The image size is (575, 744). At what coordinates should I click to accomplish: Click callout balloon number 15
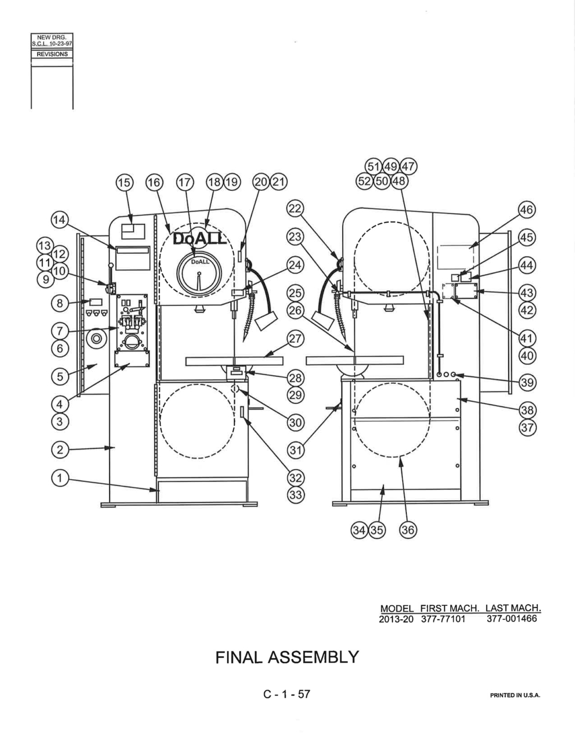pyautogui.click(x=124, y=182)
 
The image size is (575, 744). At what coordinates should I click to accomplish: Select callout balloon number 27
pyautogui.click(x=295, y=339)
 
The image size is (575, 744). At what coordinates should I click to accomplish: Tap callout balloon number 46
pyautogui.click(x=527, y=209)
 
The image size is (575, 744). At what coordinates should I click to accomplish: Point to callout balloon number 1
pyautogui.click(x=60, y=478)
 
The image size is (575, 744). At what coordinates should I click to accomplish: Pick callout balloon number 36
pyautogui.click(x=408, y=530)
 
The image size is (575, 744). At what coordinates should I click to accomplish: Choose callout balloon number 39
pyautogui.click(x=528, y=382)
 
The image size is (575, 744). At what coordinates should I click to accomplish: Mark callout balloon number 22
pyautogui.click(x=295, y=209)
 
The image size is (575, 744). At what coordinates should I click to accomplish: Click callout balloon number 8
pyautogui.click(x=60, y=303)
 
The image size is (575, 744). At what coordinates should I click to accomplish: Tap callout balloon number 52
pyautogui.click(x=365, y=181)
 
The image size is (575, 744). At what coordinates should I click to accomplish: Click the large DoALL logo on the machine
pyautogui.click(x=199, y=239)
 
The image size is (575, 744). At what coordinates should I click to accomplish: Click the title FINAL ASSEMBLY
pyautogui.click(x=287, y=657)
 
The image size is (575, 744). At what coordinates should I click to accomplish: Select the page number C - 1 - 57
pyautogui.click(x=287, y=694)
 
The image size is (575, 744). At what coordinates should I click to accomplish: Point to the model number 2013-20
pyautogui.click(x=396, y=619)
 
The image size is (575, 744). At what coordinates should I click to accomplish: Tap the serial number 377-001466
pyautogui.click(x=511, y=619)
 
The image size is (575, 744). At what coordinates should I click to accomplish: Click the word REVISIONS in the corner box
pyautogui.click(x=52, y=54)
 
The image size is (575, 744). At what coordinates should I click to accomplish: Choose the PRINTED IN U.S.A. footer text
pyautogui.click(x=515, y=695)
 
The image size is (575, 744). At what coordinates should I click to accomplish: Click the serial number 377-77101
pyautogui.click(x=443, y=619)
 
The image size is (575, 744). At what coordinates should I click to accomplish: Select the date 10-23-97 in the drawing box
pyautogui.click(x=60, y=44)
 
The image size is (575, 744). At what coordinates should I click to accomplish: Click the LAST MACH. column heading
pyautogui.click(x=513, y=608)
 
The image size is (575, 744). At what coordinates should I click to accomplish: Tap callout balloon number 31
pyautogui.click(x=295, y=450)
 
